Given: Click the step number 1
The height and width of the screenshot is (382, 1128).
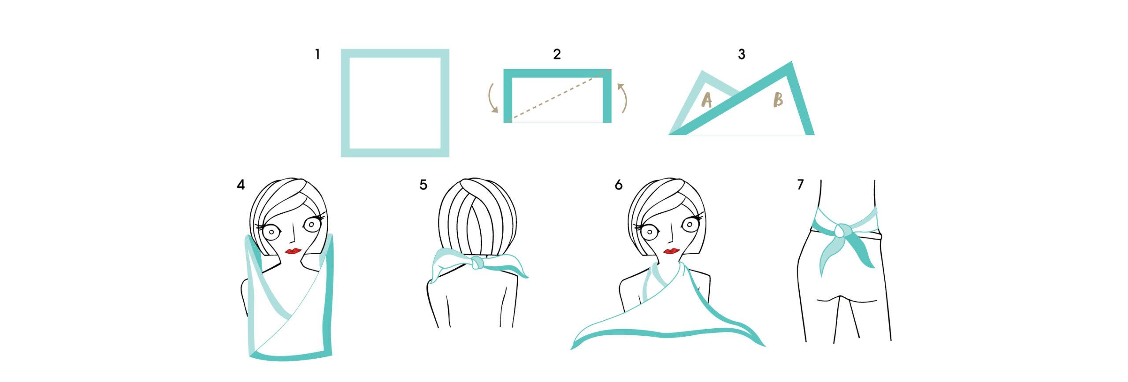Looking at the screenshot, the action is (x=317, y=55).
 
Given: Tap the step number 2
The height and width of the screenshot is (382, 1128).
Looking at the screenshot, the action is (x=557, y=54).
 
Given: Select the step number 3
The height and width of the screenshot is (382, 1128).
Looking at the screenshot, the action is (x=742, y=54).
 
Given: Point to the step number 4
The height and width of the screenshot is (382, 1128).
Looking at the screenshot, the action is (x=241, y=185).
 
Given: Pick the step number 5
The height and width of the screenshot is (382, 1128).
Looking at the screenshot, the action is (x=423, y=185).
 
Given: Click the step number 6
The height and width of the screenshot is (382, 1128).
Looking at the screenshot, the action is (x=619, y=185).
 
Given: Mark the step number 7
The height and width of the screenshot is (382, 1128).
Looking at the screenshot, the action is (x=801, y=185).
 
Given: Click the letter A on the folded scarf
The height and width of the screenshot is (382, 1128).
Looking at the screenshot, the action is (x=706, y=100).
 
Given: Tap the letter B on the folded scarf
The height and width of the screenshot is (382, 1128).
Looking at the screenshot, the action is (x=778, y=100).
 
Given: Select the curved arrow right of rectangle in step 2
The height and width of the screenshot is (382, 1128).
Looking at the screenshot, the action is (x=622, y=98).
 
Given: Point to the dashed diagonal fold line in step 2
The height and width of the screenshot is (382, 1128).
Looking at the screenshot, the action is (x=558, y=95).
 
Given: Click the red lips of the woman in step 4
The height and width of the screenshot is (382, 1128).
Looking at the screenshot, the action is (x=293, y=251).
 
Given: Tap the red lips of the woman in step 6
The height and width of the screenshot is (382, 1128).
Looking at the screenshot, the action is (x=671, y=251).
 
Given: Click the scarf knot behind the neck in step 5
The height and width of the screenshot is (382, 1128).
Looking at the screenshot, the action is (x=477, y=263).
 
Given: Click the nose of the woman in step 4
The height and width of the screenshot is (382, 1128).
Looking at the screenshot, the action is (x=292, y=237).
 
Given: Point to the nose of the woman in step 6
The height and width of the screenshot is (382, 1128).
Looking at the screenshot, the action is (x=670, y=237).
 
